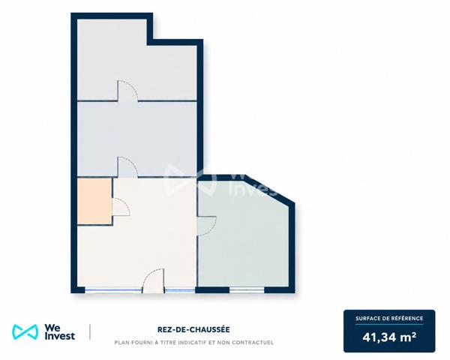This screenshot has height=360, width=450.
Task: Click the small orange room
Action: [x=94, y=201]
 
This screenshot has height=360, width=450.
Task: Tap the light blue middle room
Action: [x=137, y=139]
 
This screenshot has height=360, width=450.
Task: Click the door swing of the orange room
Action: [x=121, y=207]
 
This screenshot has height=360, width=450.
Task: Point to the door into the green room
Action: [x=207, y=226]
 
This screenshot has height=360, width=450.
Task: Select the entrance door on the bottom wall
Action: [x=154, y=280]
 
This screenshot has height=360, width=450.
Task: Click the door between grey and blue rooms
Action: [x=127, y=91]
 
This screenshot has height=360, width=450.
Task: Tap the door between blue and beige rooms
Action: [x=127, y=167]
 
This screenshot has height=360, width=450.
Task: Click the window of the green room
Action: [x=247, y=290]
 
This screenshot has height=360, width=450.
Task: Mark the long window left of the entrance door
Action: [x=113, y=290]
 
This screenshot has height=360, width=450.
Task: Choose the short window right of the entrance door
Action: [x=180, y=290]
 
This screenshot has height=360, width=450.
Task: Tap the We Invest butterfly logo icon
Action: [x=25, y=332]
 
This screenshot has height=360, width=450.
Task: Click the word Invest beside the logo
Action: [x=60, y=336]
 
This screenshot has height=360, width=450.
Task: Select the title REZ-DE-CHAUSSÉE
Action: [x=193, y=329]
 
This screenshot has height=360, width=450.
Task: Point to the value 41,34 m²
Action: [x=389, y=337]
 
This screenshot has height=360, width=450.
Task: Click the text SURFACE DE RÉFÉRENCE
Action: [x=389, y=318]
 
